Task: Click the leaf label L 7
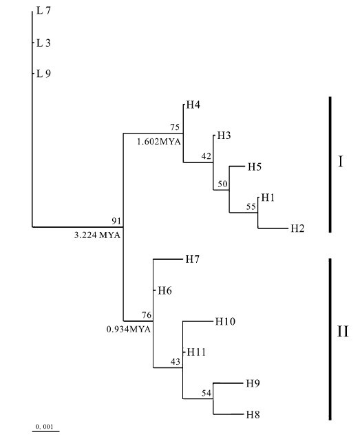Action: point(43,10)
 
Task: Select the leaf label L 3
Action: point(43,43)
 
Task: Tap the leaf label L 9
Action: point(43,74)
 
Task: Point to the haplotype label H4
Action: point(193,105)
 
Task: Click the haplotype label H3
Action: point(224,136)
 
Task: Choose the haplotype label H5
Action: point(255,167)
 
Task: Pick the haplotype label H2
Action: point(297,228)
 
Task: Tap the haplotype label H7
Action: point(193,259)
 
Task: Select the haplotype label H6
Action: point(164,291)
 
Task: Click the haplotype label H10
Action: point(225,321)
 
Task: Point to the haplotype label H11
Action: point(197,352)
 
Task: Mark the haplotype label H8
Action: point(253,415)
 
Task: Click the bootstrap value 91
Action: point(116,221)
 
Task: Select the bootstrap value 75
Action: point(175,127)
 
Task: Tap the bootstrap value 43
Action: point(175,362)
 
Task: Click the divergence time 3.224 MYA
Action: point(97,235)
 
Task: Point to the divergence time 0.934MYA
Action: point(129,329)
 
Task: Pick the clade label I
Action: point(341,162)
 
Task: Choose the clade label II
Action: point(343,332)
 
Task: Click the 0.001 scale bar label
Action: point(44,427)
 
